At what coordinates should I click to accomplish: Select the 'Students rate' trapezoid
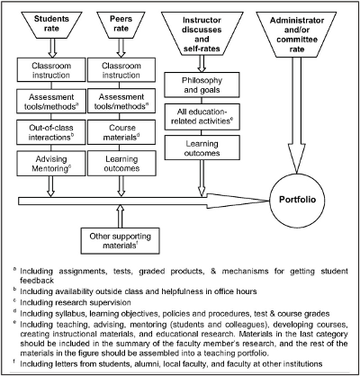tap(50, 25)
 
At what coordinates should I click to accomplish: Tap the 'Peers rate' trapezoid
tap(121, 25)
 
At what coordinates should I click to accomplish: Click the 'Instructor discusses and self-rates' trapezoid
tap(202, 33)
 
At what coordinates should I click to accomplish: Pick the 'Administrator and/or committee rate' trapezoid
tap(296, 34)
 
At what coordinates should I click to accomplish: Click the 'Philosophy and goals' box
tap(202, 85)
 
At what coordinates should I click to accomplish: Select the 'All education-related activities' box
tap(202, 117)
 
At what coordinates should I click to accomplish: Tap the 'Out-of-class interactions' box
tap(51, 132)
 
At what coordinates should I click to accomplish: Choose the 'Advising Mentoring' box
tap(51, 164)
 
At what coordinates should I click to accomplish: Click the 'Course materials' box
tap(121, 132)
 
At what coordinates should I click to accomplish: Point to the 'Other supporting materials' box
tap(121, 241)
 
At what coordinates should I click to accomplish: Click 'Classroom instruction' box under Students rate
tap(51, 70)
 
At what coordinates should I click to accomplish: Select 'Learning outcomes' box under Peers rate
tap(121, 164)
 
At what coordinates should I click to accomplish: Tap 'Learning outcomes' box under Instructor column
tap(202, 148)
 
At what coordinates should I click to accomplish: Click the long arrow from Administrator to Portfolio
tap(296, 115)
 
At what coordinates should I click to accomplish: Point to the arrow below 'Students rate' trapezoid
tap(52, 49)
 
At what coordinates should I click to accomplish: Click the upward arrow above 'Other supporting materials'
tap(121, 217)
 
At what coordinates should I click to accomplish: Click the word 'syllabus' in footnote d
tap(72, 314)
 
